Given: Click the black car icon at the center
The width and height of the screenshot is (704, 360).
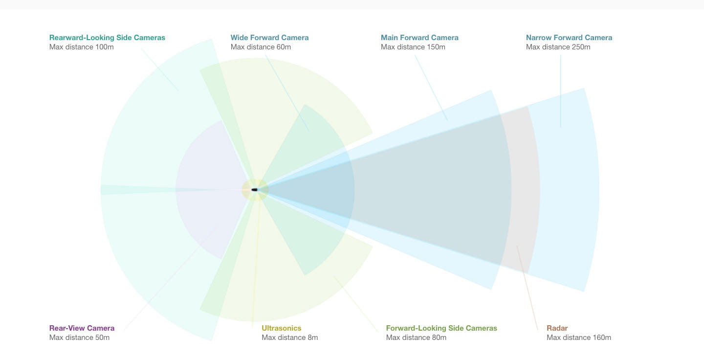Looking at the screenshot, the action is (255, 190).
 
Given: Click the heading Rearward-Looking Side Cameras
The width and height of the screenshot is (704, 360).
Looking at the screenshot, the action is (107, 38).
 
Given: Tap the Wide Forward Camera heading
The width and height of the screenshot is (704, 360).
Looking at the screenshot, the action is (270, 38).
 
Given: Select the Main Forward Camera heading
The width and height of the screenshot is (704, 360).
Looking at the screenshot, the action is (419, 38).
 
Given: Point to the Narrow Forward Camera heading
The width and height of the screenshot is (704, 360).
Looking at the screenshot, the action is (569, 38).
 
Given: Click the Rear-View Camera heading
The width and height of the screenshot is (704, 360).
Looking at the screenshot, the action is (82, 328).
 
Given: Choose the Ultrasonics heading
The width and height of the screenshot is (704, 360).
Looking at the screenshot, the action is (282, 328).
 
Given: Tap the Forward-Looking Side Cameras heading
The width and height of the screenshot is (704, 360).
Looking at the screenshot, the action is (441, 328).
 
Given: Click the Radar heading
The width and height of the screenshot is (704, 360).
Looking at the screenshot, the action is (557, 328).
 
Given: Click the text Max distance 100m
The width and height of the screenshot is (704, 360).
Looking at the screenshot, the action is (81, 47).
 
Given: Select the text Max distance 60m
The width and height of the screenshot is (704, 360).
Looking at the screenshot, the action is (261, 47).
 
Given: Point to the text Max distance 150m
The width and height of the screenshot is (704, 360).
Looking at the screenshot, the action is (413, 47).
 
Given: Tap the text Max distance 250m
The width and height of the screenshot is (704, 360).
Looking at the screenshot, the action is (558, 47).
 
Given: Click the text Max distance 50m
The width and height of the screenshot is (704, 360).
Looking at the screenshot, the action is (80, 337).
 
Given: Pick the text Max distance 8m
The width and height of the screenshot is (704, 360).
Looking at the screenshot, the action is (290, 337).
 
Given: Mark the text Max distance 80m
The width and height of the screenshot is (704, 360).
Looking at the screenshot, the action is (416, 337).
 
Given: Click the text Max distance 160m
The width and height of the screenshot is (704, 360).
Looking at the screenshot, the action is (579, 337).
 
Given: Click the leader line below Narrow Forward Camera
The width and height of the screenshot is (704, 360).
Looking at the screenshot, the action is (561, 91).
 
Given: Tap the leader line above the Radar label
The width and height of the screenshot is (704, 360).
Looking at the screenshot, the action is (528, 288).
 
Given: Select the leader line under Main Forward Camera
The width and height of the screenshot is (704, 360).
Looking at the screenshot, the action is (431, 88).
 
